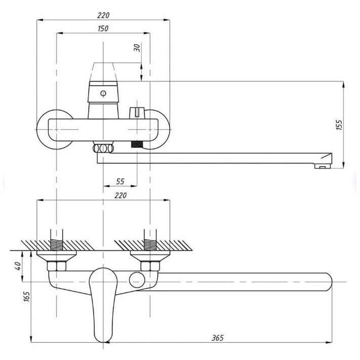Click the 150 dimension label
pyautogui.click(x=103, y=29)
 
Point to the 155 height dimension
pyautogui.click(x=339, y=125)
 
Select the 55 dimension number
pyautogui.click(x=120, y=181)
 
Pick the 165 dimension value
pyautogui.click(x=27, y=298)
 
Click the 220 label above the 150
pyautogui.click(x=102, y=16)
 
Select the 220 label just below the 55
pyautogui.click(x=120, y=195)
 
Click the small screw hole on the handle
pyautogui.click(x=103, y=94)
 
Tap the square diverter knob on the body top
pyautogui.click(x=136, y=112)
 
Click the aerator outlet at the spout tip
pyautogui.click(x=321, y=165)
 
